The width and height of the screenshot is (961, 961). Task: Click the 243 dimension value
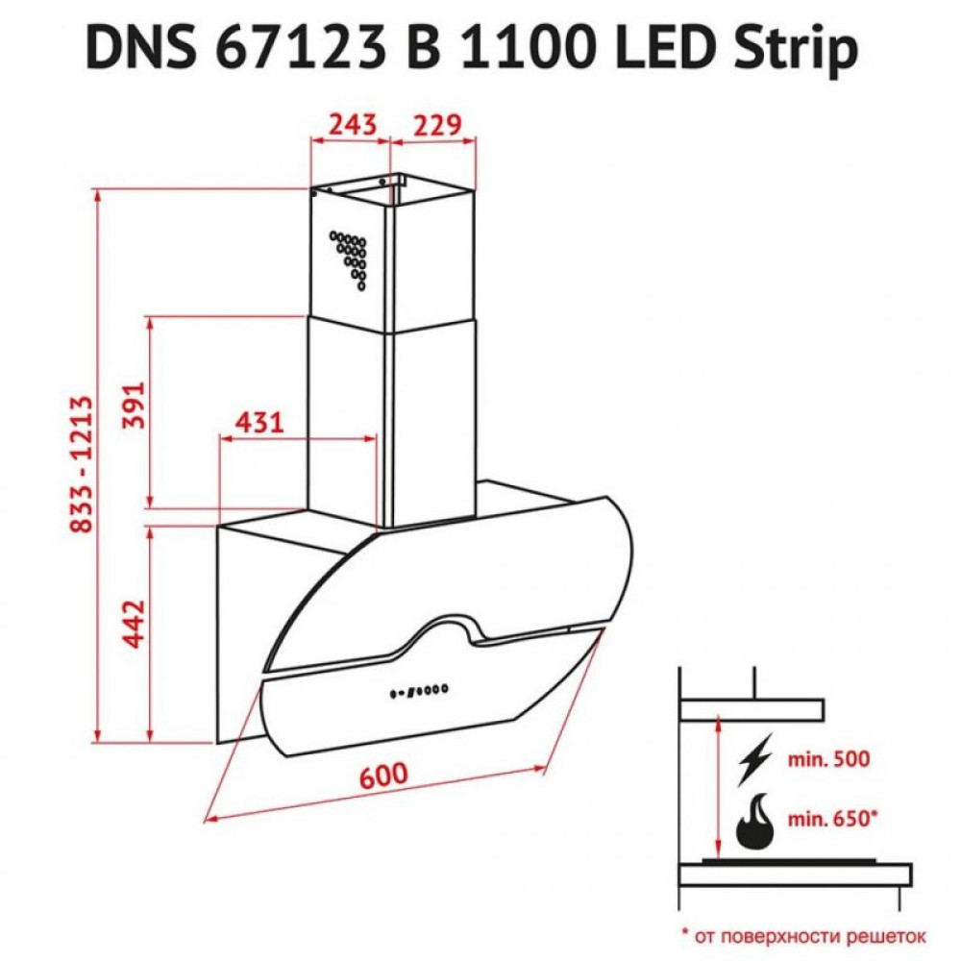tap(351, 125)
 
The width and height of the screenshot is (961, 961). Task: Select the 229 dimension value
tap(437, 125)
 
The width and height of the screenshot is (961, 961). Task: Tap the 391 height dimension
tap(133, 406)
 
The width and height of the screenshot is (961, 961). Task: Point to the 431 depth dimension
tap(259, 422)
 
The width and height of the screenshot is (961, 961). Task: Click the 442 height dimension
tap(133, 626)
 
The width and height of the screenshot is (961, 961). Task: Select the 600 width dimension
tap(383, 775)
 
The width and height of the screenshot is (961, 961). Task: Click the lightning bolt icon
tap(755, 759)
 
